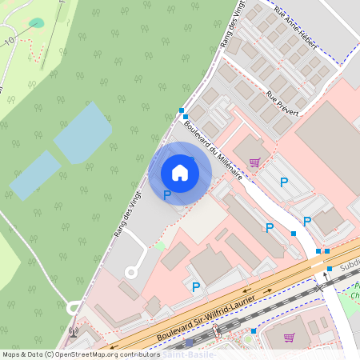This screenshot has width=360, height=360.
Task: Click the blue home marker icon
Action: pos(180,173)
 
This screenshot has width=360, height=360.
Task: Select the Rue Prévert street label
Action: pos(282,103)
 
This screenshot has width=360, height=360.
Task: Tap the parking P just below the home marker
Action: pos(167,194)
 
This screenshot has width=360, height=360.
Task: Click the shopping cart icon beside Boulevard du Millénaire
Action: pos(254,162)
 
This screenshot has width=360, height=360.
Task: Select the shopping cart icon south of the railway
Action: pos(289,337)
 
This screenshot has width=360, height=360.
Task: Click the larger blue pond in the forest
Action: pos(82,133)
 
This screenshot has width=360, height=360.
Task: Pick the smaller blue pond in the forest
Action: pos(34,175)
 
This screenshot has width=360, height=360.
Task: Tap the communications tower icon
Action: pos(74,330)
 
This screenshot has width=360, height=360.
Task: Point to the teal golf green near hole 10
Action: pos(37,23)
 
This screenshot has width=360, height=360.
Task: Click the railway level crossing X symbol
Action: pos(319,286)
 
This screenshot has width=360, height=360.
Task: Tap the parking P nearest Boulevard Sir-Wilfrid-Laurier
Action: pos(196,286)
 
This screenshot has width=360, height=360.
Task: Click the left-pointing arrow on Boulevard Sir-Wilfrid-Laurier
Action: pos(246,291)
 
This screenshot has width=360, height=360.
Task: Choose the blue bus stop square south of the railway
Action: pos(254,330)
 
